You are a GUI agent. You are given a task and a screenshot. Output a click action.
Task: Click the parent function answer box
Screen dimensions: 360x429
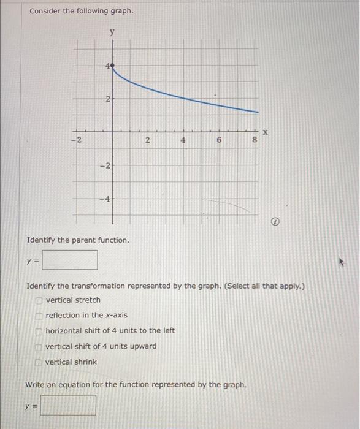point(70,260)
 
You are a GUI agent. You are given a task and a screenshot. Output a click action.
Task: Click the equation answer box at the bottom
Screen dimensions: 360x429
point(68,405)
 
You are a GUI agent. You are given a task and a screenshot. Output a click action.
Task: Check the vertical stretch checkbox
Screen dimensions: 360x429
point(40,300)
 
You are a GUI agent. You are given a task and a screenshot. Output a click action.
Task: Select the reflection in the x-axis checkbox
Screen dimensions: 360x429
point(40,316)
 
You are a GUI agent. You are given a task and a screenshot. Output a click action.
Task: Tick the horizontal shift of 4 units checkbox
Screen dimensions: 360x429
point(40,331)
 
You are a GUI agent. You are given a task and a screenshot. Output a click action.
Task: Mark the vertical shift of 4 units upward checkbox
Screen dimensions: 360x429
point(40,346)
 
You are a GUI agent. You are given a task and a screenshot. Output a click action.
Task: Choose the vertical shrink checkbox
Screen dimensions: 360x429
point(40,362)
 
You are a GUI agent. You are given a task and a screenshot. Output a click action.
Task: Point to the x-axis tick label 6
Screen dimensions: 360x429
point(219,140)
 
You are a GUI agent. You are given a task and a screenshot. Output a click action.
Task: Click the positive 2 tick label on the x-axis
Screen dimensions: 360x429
point(147,140)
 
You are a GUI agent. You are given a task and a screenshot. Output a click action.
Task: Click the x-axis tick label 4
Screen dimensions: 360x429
point(183,140)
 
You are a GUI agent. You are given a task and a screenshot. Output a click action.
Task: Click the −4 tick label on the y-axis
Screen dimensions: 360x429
point(105,199)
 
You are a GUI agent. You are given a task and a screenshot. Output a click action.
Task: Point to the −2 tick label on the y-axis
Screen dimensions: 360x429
point(105,165)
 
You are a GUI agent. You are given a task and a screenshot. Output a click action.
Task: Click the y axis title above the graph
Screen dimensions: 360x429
point(112,32)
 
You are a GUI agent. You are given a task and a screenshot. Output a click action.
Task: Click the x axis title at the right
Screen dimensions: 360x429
point(266,131)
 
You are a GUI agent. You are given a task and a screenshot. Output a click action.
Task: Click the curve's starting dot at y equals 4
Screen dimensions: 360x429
point(112,65)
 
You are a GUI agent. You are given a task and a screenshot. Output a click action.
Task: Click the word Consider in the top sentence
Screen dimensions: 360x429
point(45,12)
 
